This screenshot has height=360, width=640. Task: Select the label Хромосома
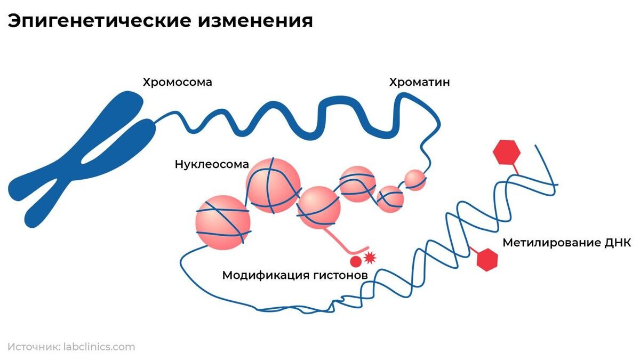[177, 82]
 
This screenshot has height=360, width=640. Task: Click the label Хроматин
[419, 82]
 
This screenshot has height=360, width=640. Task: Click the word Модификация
[265, 275]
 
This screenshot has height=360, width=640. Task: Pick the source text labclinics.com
[99, 347]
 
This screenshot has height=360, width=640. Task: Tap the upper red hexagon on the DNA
[506, 152]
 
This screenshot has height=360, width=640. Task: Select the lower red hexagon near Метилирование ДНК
[486, 260]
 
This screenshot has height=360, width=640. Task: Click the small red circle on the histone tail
[356, 261]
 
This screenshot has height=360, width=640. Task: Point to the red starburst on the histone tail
[370, 258]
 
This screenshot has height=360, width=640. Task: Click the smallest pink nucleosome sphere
[415, 180]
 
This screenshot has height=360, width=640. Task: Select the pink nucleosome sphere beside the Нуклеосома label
[273, 185]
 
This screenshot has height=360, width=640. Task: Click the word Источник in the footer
[33, 347]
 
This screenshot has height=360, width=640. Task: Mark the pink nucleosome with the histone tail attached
[319, 207]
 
